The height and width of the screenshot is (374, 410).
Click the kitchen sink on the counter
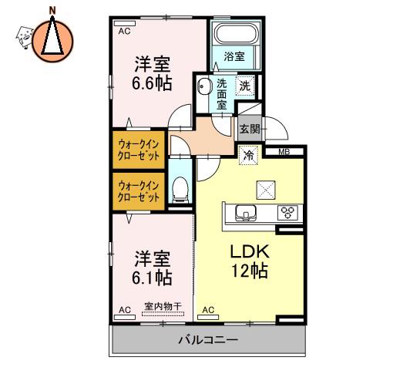point(246,213)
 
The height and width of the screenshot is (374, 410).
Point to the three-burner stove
point(287,212)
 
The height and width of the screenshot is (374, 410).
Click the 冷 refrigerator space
point(248,156)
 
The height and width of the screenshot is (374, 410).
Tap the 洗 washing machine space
point(245,86)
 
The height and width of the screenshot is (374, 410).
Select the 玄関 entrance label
point(250,129)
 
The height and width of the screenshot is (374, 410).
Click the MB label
point(284,152)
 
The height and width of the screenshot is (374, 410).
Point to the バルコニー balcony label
point(208,340)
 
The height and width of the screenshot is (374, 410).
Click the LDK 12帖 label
point(250,261)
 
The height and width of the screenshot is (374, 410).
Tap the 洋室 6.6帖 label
point(152,73)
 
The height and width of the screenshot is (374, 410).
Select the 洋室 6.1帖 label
point(152,268)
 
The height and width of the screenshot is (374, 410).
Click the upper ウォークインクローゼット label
point(139,150)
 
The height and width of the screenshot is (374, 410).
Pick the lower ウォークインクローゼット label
point(139,191)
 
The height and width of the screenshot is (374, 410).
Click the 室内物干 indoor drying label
point(163,306)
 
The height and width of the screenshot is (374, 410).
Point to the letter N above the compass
point(52,11)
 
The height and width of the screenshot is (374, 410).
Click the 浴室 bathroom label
point(234,56)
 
